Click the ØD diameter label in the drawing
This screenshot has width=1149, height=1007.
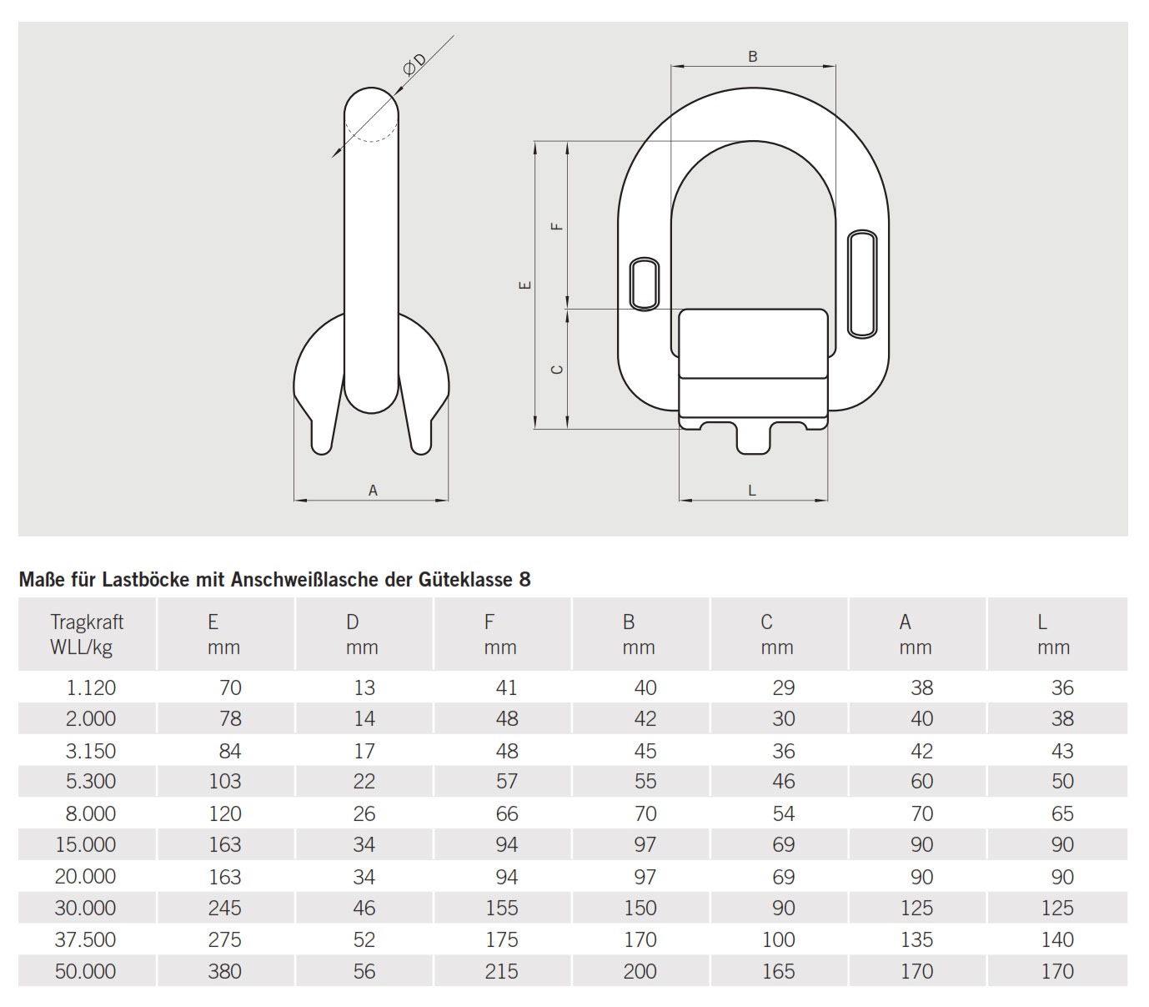click(414, 64)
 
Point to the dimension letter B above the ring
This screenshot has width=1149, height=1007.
click(752, 57)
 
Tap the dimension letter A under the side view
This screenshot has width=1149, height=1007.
click(373, 491)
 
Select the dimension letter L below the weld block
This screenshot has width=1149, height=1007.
click(751, 491)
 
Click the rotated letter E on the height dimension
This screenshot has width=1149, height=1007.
click(525, 285)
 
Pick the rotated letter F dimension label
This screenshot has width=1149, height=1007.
click(558, 226)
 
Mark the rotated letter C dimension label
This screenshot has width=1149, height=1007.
click(558, 370)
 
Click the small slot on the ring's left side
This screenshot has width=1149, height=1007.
click(645, 284)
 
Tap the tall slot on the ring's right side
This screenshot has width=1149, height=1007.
click(862, 284)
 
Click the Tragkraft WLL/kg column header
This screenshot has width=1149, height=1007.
click(87, 634)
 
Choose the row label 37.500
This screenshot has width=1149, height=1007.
click(85, 939)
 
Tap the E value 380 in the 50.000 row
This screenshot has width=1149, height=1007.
click(224, 971)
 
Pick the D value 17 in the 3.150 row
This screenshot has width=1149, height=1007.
click(364, 751)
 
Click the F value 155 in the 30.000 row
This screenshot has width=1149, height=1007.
click(501, 908)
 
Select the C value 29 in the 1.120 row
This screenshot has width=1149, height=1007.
click(783, 687)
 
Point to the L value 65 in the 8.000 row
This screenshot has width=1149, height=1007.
click(1061, 813)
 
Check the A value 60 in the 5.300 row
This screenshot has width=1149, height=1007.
click(921, 782)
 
